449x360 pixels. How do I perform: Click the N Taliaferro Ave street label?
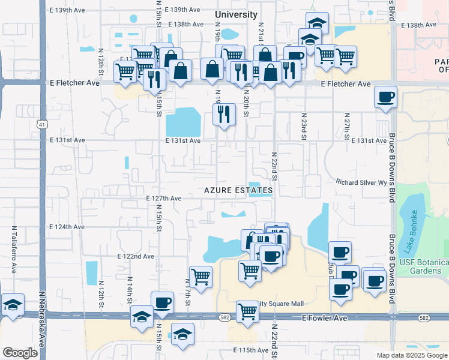pos(13,249)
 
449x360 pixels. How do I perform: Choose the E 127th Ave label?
pos(164,199)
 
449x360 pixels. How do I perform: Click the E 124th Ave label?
pos(67,227)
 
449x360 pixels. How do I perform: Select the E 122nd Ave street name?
pos(136,256)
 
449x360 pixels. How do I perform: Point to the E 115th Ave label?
pos(250,350)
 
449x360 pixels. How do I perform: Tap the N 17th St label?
pos(188,293)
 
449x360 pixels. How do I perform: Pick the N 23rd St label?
pos(304,127)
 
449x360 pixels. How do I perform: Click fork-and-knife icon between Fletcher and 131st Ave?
pos(224,112)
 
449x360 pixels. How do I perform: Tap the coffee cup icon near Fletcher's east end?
pos(385,96)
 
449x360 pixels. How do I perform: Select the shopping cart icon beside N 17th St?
pos(200,277)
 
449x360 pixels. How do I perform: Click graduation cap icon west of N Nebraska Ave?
pos(13,304)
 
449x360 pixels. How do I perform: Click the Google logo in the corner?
pos(20,353)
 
